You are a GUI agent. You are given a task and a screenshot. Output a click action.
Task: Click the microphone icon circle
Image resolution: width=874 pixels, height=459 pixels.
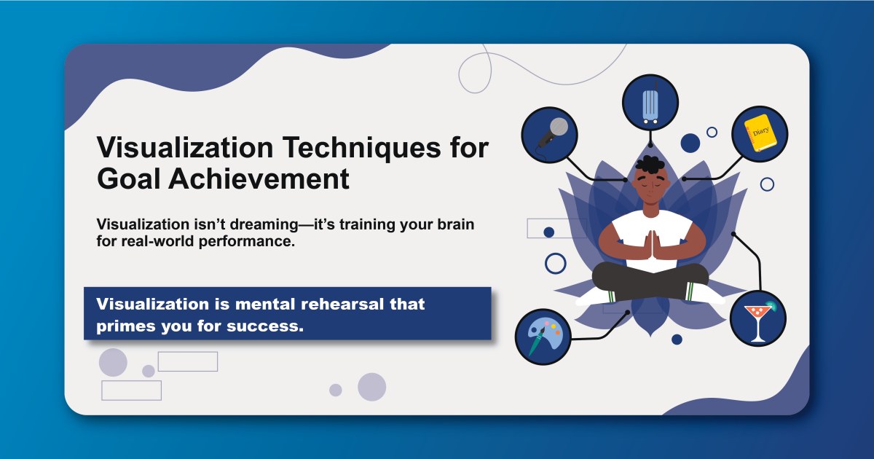point(549,134)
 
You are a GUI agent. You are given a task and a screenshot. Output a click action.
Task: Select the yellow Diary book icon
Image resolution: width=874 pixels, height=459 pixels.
point(760,133)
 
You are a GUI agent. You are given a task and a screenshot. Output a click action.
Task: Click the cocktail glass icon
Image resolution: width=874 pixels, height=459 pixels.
point(758,318)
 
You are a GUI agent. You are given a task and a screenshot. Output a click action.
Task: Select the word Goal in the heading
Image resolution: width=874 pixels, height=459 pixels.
point(128,179)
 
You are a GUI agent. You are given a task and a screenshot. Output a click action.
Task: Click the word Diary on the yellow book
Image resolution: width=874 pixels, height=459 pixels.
point(760,131)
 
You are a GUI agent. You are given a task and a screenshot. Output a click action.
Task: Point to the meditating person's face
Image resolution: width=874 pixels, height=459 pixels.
point(650,186)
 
